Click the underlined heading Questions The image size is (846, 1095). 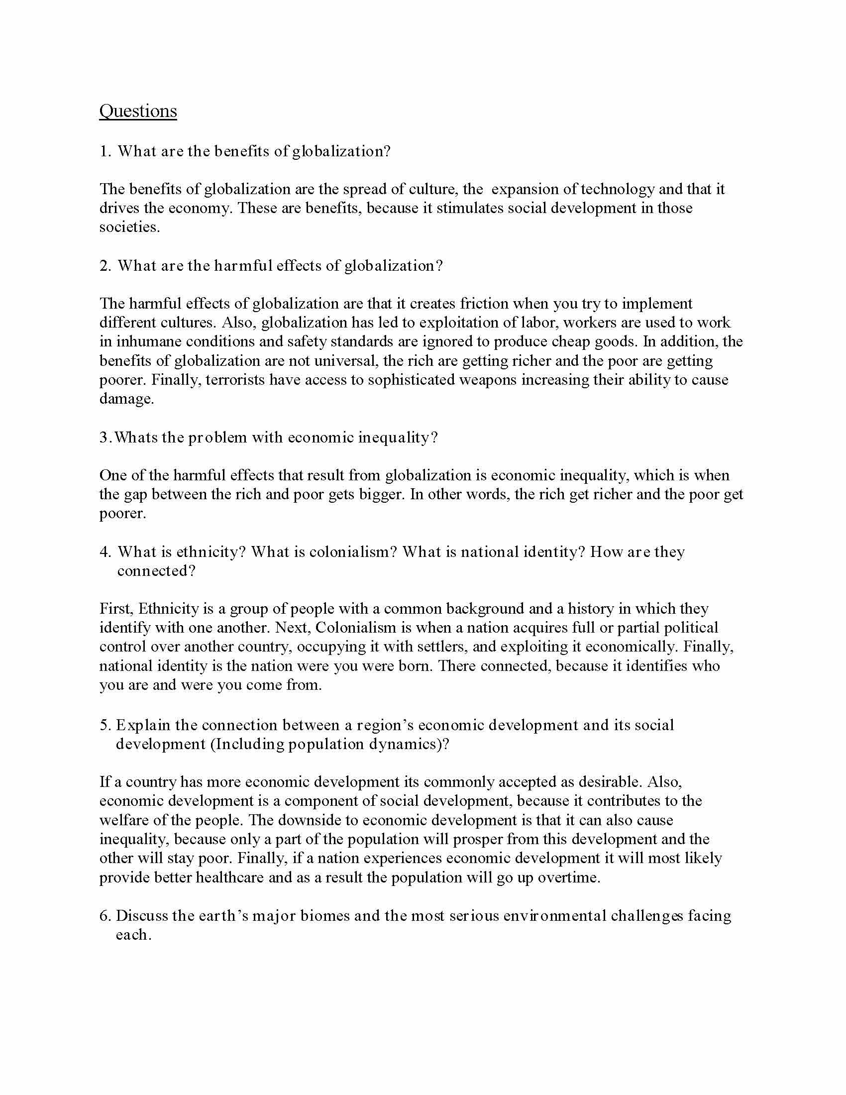coord(138,111)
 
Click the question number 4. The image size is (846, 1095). coord(104,552)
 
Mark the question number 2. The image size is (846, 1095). coord(104,266)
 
